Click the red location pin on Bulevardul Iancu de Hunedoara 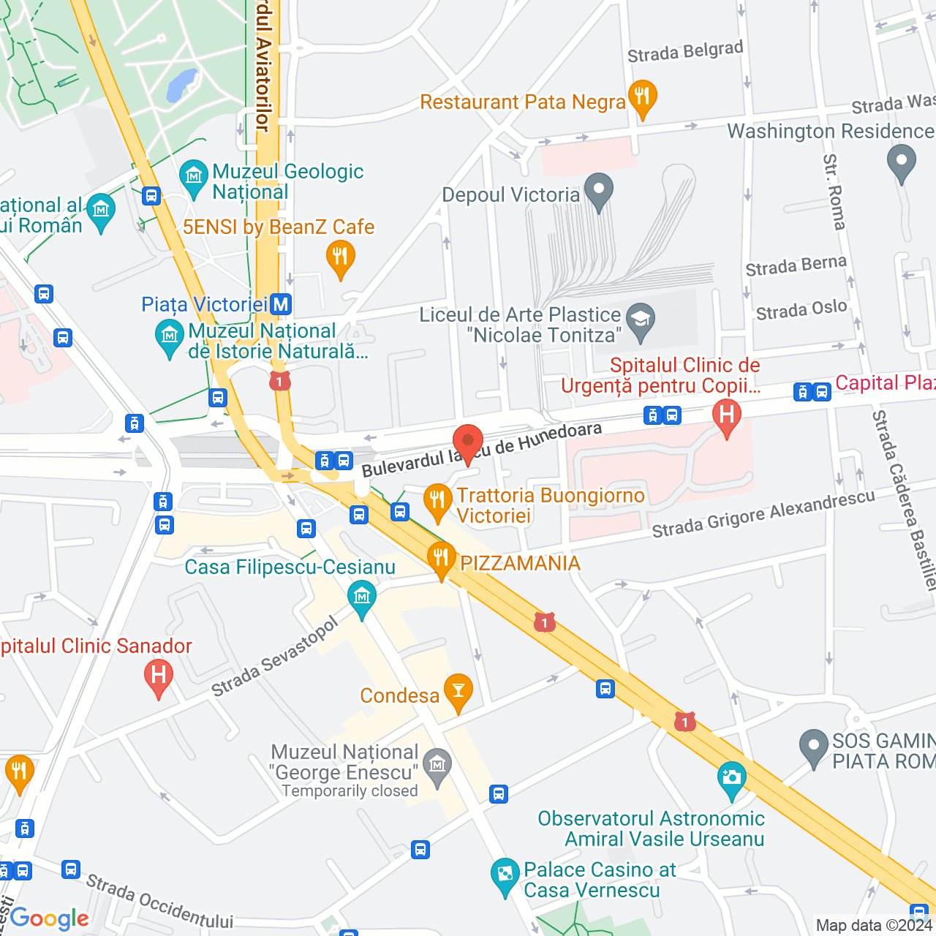(468, 442)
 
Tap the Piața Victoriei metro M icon (281, 304)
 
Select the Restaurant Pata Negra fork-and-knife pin (643, 97)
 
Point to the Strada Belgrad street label (685, 52)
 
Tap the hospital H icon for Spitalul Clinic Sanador (159, 676)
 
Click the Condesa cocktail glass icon (458, 691)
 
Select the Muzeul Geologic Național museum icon (194, 176)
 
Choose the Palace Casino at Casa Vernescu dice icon (505, 875)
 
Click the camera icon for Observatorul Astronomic (731, 778)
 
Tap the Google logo (49, 918)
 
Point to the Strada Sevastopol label (275, 657)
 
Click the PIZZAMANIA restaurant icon (441, 559)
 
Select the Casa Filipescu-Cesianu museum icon (362, 597)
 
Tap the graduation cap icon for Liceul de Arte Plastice (641, 320)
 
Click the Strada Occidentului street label (159, 901)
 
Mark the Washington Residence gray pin (901, 162)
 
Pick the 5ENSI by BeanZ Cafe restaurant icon (340, 257)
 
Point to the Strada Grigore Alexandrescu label (763, 513)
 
